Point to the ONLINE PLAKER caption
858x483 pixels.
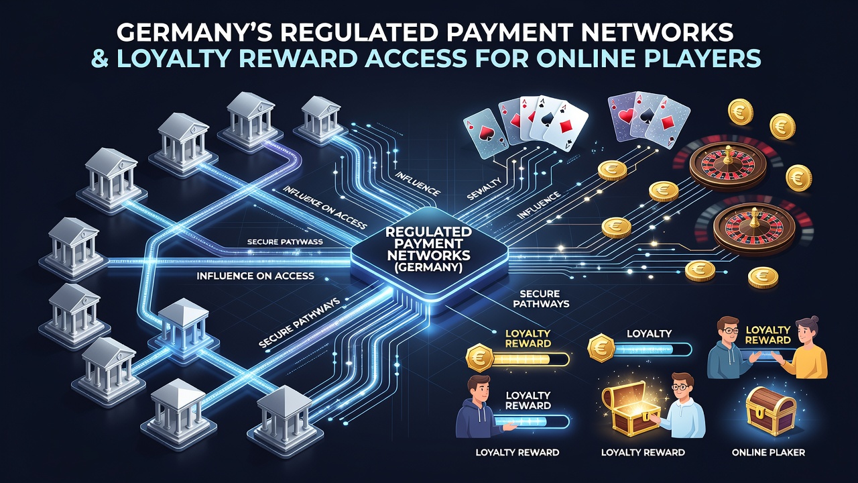coord(768,453)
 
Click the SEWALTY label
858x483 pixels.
coord(484,189)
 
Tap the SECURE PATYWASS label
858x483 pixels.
coord(285,242)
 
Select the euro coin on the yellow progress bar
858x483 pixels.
coord(480,358)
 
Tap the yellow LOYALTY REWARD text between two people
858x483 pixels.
coord(768,335)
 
